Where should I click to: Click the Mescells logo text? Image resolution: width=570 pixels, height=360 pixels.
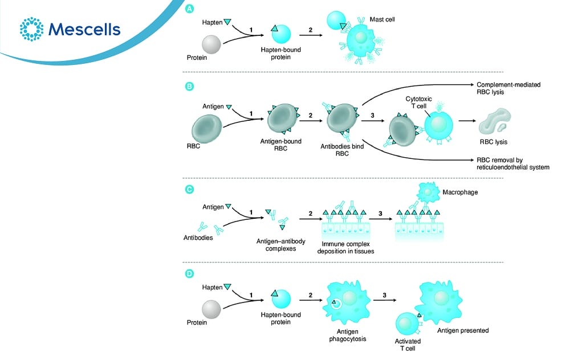pyautogui.click(x=84, y=29)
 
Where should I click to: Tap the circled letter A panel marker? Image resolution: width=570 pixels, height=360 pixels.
pyautogui.click(x=189, y=9)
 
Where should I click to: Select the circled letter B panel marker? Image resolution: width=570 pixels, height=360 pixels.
pyautogui.click(x=189, y=87)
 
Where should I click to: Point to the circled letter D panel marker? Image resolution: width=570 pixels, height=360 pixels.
pyautogui.click(x=189, y=274)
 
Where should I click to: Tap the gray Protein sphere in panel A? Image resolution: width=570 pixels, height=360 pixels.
pyautogui.click(x=211, y=44)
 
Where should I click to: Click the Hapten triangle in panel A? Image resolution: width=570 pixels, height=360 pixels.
pyautogui.click(x=227, y=22)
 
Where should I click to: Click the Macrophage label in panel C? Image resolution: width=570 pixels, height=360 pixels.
pyautogui.click(x=461, y=193)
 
